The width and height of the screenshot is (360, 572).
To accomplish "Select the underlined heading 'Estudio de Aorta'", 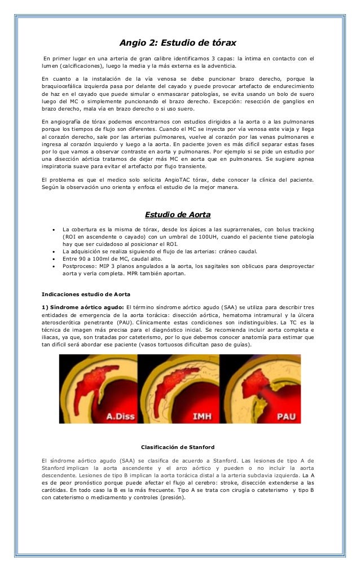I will pyautogui.click(x=179, y=214).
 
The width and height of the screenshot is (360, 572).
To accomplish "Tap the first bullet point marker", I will pyautogui.click(x=52, y=230).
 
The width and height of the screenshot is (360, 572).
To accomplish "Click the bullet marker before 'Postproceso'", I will pyautogui.click(x=52, y=265).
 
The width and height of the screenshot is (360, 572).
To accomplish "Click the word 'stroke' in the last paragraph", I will pyautogui.click(x=232, y=483).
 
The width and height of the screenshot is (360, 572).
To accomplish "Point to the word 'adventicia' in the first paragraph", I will pyautogui.click(x=222, y=65).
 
